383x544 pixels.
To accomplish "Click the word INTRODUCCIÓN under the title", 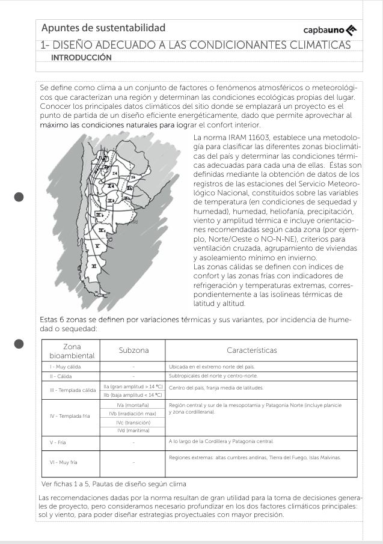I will (x=82, y=58).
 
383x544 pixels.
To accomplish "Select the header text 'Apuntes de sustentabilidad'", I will (x=103, y=28).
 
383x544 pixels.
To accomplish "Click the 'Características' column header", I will (x=260, y=350).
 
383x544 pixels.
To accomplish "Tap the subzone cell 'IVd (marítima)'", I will (x=133, y=430).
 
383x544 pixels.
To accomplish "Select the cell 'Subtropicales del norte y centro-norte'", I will (x=205, y=376).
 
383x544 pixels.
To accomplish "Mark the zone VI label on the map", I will (x=94, y=265).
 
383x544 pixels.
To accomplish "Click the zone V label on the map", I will (x=97, y=246).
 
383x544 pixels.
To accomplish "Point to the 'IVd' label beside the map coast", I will (x=135, y=222).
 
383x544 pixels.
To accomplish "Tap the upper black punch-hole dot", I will (x=19, y=197).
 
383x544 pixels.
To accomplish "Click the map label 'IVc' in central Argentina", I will (x=102, y=230).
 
